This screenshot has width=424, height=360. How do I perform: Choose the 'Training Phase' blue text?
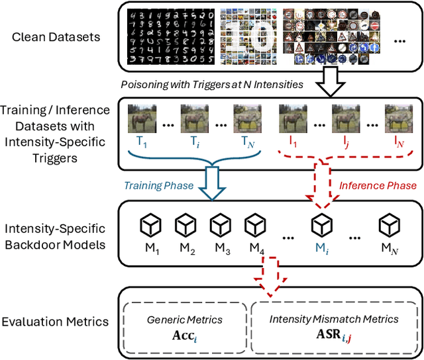click(160, 186)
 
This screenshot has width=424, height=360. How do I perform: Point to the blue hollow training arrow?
click(213, 182)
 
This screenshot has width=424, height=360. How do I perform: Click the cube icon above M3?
click(220, 226)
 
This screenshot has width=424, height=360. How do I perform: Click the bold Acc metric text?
click(180, 334)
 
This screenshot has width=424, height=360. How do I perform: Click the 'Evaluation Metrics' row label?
click(54, 322)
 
